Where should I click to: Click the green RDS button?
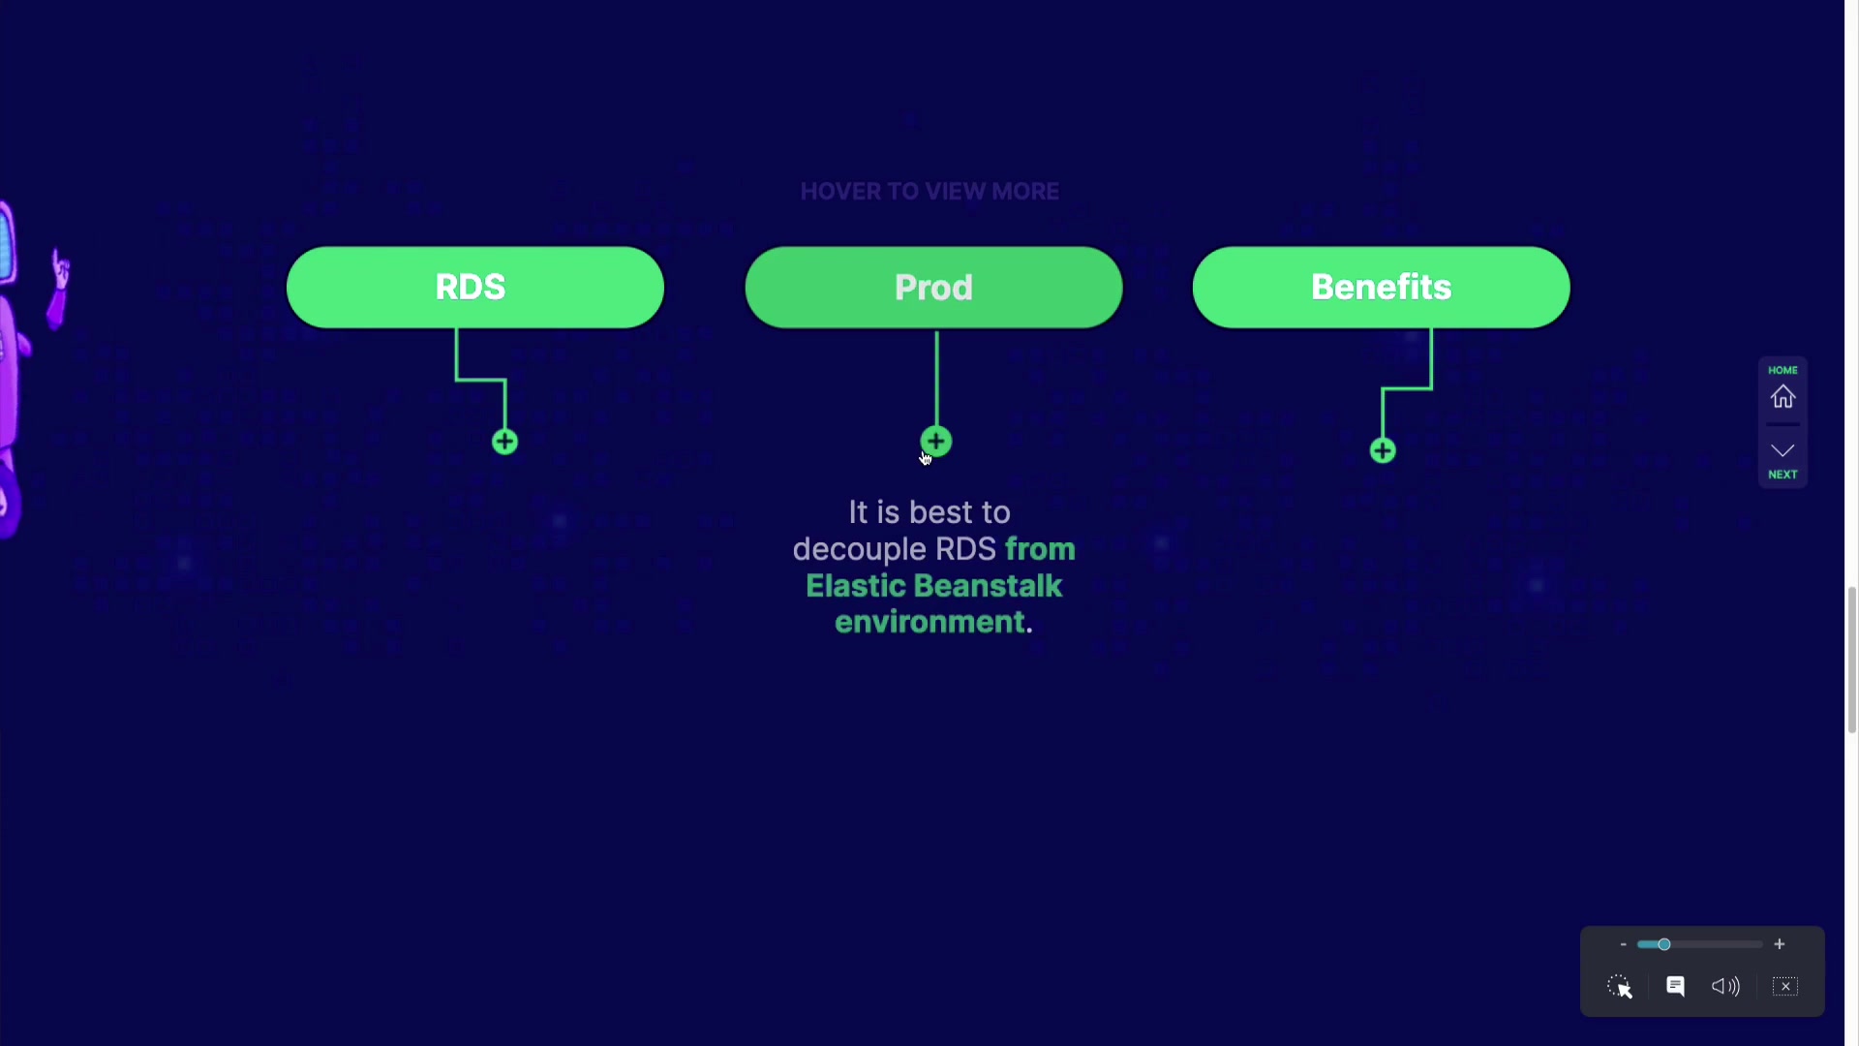pos(474,287)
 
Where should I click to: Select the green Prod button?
pos(933,287)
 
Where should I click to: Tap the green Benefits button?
pos(1381,287)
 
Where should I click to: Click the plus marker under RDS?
pos(504,443)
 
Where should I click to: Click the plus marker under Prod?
pos(936,442)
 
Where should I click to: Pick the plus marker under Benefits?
pos(1383,450)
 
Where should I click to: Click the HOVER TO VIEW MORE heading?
pos(929,192)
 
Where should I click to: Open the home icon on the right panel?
pos(1783,397)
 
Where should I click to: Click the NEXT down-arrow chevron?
pos(1783,450)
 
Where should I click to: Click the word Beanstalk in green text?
pos(988,586)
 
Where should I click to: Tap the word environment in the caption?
pos(929,622)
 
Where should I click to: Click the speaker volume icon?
pos(1725,986)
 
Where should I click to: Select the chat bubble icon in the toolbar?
pos(1675,986)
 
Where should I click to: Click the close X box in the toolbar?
pos(1784,986)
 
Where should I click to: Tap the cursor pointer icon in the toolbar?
pos(1620,987)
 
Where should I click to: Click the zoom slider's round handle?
pos(1663,944)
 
